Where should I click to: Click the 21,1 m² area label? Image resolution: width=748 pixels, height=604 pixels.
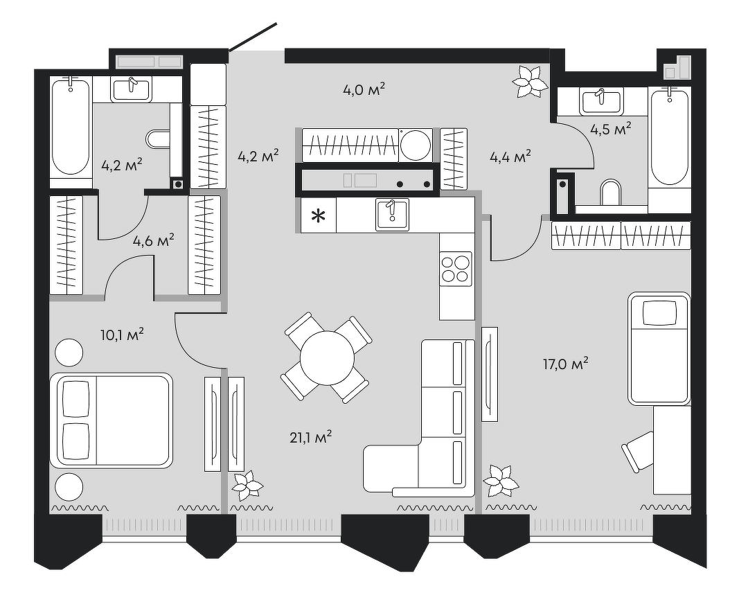tap(310, 437)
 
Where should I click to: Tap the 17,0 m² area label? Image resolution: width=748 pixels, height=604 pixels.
tap(565, 364)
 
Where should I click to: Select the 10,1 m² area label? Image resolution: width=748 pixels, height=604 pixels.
tap(122, 335)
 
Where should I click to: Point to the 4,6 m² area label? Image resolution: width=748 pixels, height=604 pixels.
tap(153, 240)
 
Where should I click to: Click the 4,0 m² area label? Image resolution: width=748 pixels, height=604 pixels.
tap(364, 89)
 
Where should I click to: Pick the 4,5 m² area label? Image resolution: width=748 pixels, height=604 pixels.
tap(611, 130)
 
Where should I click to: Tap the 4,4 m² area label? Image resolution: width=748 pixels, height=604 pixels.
tap(510, 157)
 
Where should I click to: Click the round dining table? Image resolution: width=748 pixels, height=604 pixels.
tap(327, 358)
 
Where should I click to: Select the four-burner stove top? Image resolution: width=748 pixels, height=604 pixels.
tap(456, 269)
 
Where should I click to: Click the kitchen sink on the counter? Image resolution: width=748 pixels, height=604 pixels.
tap(392, 215)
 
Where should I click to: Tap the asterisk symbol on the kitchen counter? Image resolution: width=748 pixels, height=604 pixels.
tap(318, 216)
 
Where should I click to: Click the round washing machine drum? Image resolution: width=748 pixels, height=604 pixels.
tap(416, 145)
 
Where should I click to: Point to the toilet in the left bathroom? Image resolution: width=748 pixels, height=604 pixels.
tap(159, 139)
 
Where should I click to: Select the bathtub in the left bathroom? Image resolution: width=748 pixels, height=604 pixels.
tap(71, 127)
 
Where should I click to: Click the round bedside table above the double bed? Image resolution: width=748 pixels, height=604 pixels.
tap(69, 353)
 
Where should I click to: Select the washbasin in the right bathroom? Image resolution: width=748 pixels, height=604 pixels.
tap(602, 101)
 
